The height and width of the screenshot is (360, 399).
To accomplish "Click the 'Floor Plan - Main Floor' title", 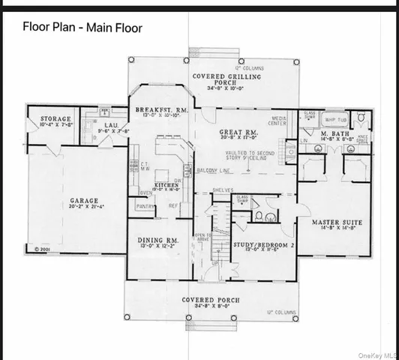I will pos(82,28).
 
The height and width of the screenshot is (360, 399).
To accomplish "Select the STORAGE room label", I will pos(56,118).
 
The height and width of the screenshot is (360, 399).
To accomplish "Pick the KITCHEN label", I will pos(166,184).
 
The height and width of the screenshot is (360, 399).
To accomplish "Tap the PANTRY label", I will pos(145,205).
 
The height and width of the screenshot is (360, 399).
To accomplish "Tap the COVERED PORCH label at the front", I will pos(211,299).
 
